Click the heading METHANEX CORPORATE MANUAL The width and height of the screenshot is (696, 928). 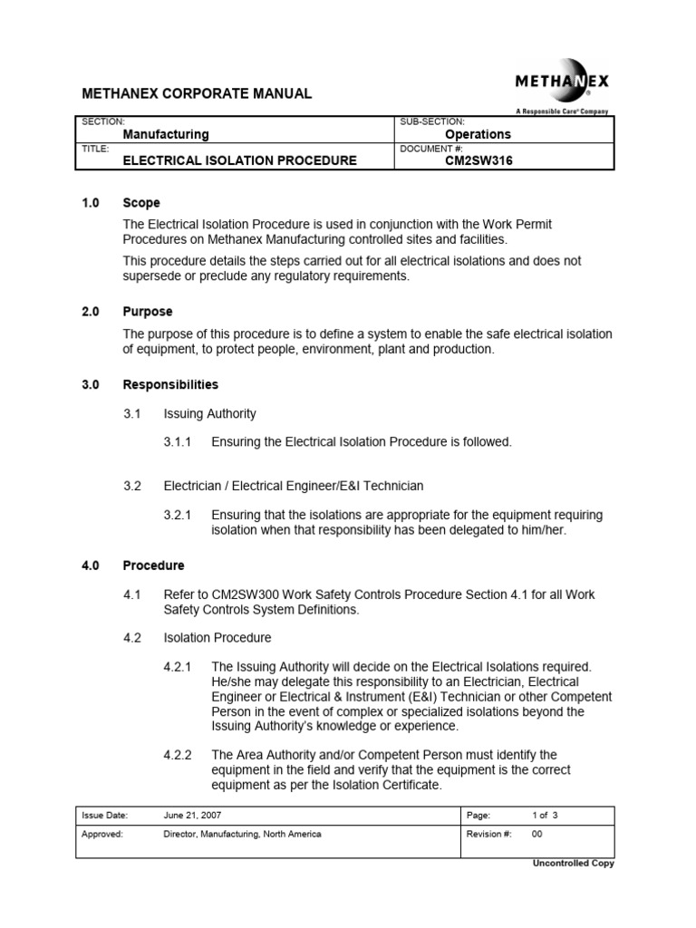pos(197,93)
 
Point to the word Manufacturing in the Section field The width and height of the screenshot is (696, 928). pos(165,134)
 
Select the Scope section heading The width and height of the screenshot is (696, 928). pos(141,203)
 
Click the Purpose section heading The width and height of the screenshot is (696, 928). pos(147,312)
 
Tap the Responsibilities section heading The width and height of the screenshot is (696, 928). pos(170,384)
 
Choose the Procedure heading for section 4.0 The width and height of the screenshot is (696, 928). pos(153,565)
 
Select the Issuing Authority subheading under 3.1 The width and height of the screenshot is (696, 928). pos(209,413)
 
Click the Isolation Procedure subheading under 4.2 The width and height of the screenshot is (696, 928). pos(217,638)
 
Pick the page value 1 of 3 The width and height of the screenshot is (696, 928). pos(545,815)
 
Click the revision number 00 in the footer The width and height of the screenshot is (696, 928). pos(536,834)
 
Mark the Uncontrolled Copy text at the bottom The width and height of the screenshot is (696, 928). pos(572,864)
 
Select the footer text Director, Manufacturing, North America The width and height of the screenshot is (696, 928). pos(241,834)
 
